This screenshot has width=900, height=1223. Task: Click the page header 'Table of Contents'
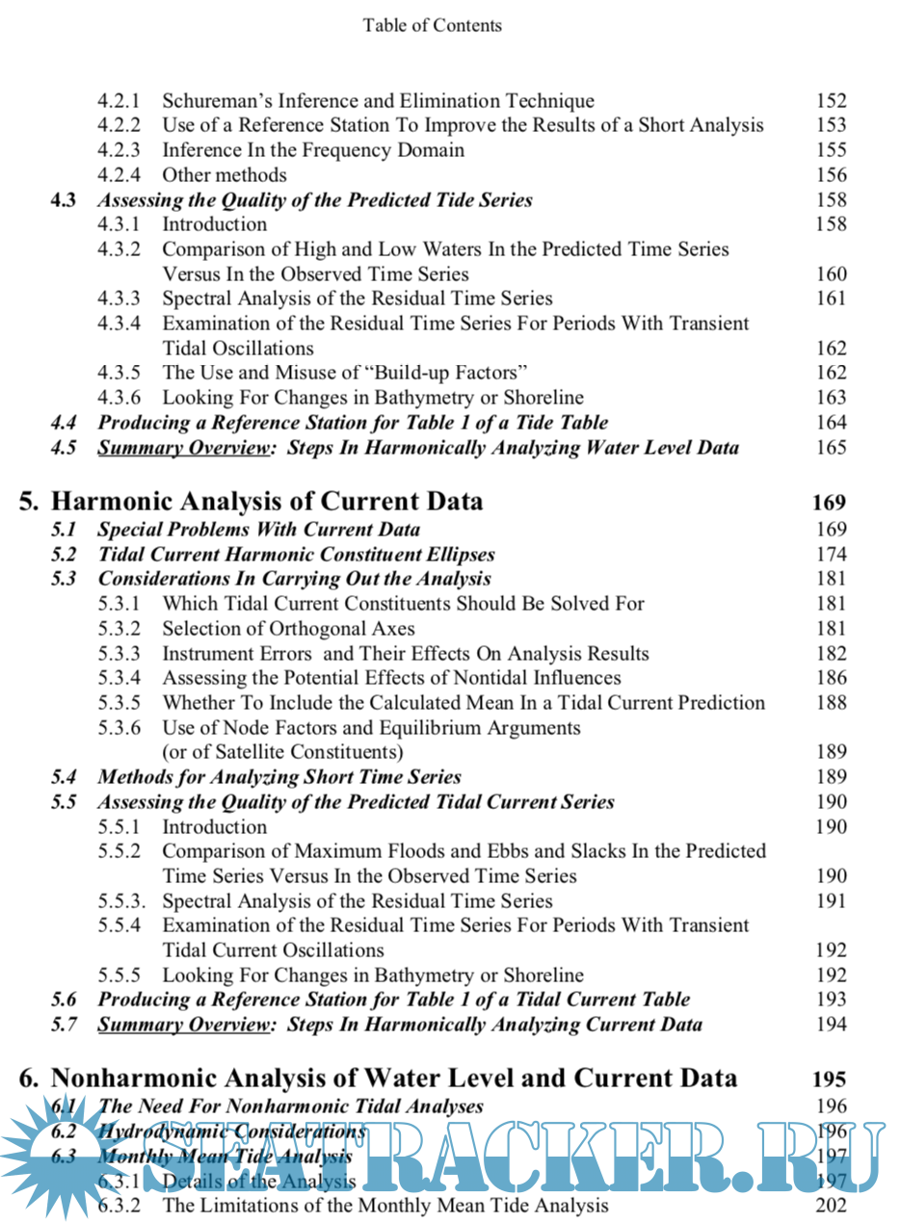433,26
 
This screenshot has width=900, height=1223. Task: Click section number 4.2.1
119,101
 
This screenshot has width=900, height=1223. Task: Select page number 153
831,126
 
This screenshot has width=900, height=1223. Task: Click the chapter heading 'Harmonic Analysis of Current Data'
266,502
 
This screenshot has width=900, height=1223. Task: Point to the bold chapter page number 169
829,503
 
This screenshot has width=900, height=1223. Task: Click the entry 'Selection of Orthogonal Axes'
288,629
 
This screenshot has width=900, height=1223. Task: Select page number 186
831,679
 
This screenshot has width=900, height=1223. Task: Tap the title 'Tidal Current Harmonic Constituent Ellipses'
297,555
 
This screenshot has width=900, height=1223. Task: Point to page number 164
831,423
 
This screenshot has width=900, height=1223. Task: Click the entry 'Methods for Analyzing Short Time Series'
279,777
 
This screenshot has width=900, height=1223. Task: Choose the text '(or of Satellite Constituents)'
282,752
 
